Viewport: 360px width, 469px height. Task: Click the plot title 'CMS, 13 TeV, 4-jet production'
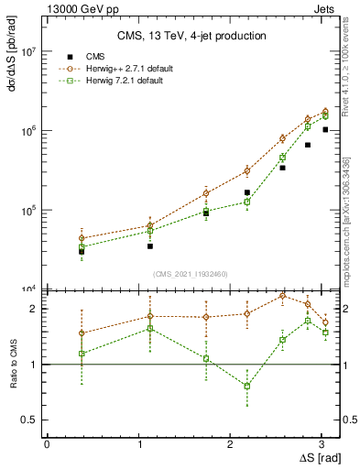pyautogui.click(x=191, y=37)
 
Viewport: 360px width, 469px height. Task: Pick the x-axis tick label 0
pyautogui.click(x=47, y=443)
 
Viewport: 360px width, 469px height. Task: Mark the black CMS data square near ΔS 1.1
pyautogui.click(x=149, y=245)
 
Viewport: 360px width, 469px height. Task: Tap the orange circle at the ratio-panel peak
pyautogui.click(x=282, y=296)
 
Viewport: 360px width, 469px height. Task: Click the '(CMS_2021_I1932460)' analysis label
pyautogui.click(x=191, y=274)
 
